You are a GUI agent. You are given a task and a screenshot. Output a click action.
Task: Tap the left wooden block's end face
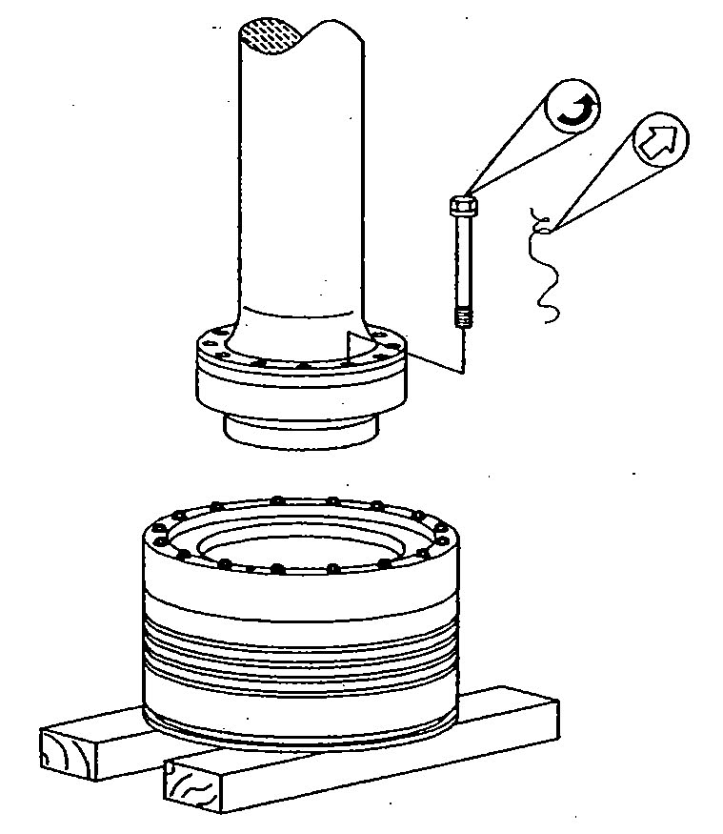click(66, 751)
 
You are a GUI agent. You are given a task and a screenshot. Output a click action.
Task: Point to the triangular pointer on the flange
click(358, 347)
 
